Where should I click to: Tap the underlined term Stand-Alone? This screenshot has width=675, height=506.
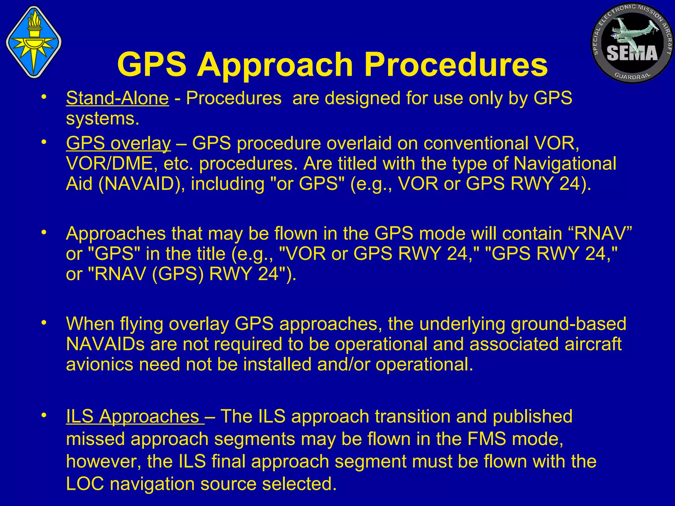117,98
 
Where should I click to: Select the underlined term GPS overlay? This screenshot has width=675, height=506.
118,143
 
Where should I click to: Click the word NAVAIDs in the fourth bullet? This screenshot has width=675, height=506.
105,344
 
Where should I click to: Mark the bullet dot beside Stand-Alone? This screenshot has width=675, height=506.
43,98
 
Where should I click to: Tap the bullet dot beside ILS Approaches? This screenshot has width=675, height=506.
43,416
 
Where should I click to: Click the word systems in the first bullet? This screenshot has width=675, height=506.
103,119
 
